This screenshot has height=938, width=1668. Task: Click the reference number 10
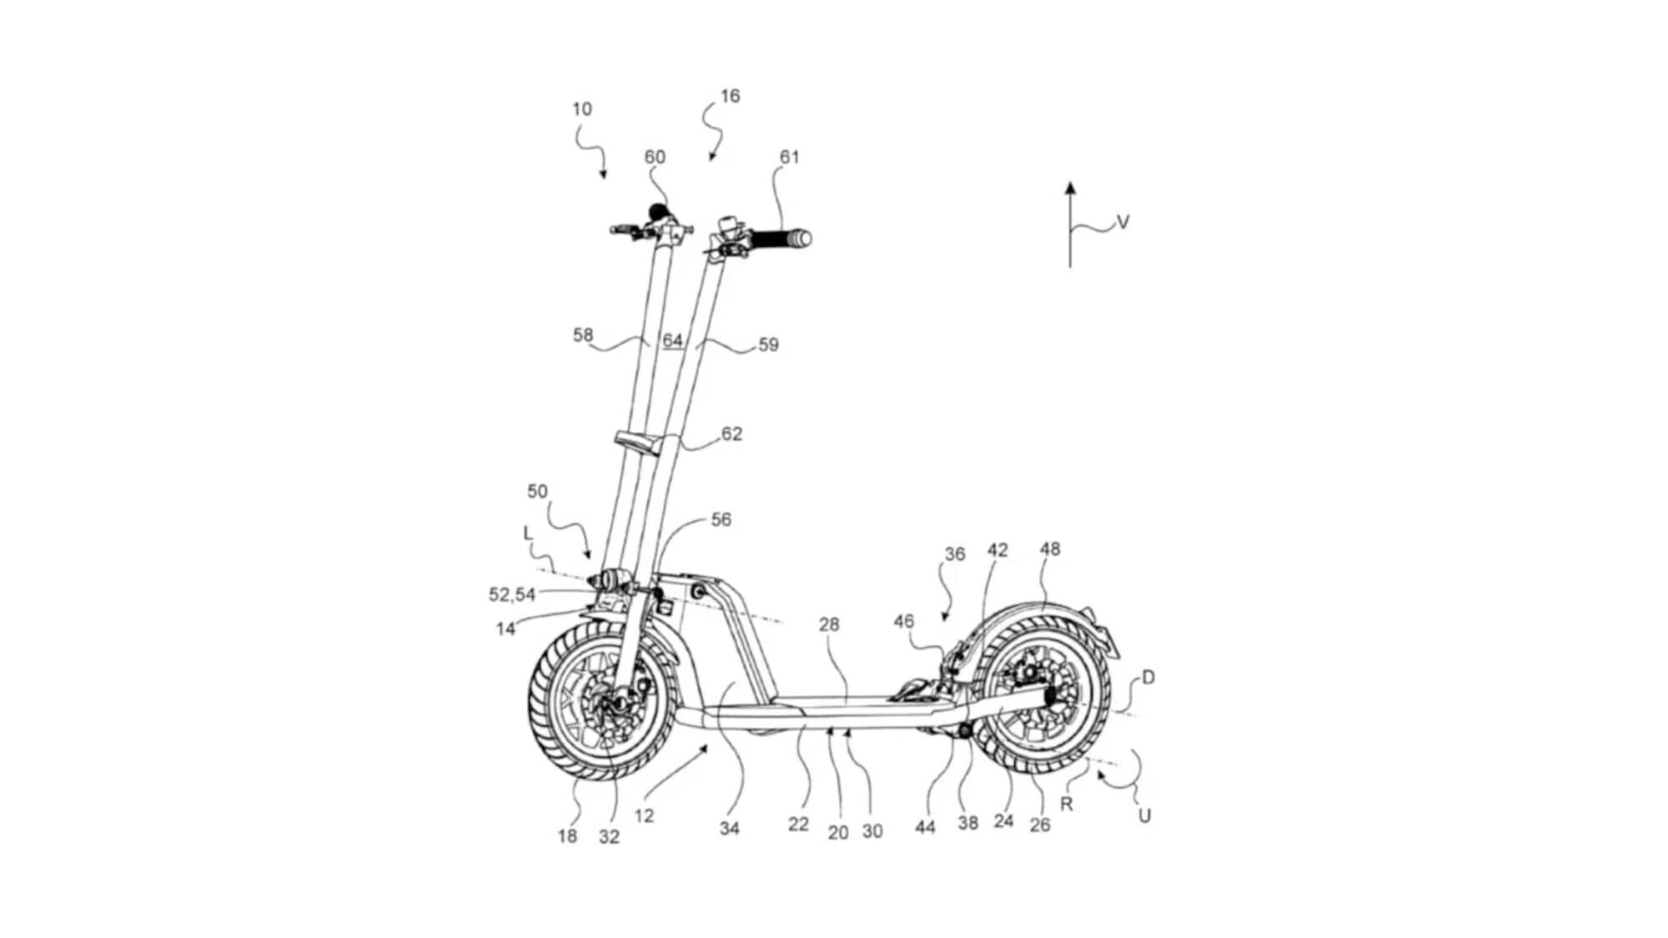pos(581,109)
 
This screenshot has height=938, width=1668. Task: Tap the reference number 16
pos(730,97)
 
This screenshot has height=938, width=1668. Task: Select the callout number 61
pos(789,158)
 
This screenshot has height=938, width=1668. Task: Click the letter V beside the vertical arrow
pos(1123,222)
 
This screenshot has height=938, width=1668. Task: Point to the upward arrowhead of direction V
pos(1071,188)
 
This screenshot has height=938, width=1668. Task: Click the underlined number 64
pos(672,340)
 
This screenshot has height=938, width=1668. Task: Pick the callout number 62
pos(731,434)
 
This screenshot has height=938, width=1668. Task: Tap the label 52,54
pos(511,594)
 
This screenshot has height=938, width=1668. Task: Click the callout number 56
pos(721,520)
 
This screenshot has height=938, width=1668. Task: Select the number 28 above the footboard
pos(829,624)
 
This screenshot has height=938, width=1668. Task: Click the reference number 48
pos(1050,549)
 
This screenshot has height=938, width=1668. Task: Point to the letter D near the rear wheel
pos(1148,678)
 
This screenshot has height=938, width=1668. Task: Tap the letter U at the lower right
pos(1144,815)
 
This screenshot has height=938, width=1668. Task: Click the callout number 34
pos(729,828)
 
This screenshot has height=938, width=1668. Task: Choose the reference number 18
pos(567,835)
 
